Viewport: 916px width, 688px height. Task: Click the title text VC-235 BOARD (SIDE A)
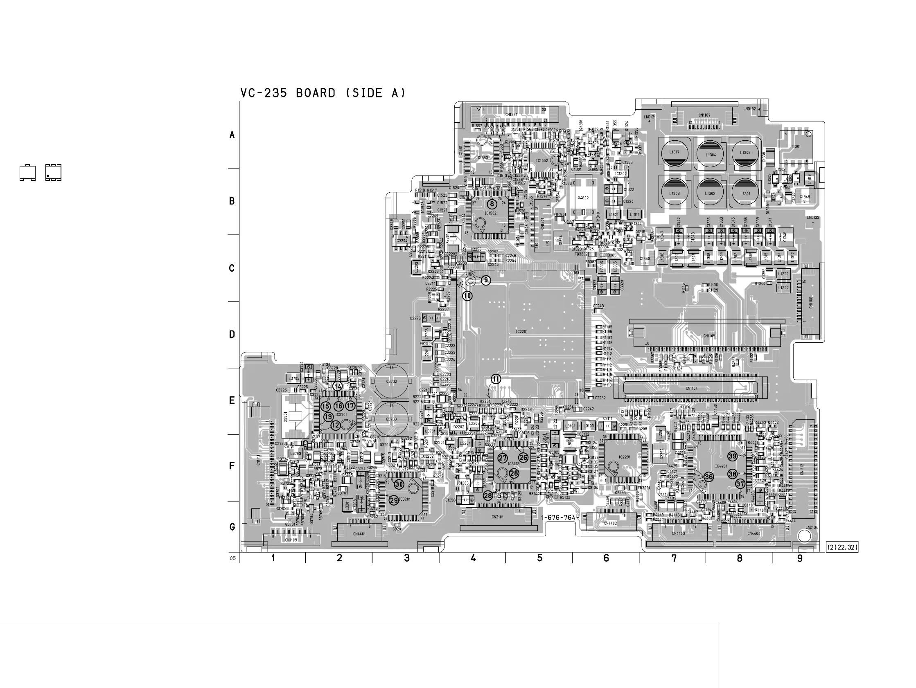coord(323,93)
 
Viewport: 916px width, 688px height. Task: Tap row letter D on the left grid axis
coord(232,335)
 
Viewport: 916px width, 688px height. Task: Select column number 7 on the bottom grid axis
coord(674,558)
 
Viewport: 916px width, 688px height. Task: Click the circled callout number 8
coord(492,204)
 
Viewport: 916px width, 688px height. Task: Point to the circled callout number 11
coord(496,379)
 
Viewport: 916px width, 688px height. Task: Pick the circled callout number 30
coord(399,484)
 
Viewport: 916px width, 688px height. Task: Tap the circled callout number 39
coord(733,456)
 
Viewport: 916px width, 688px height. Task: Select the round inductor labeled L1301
coord(745,193)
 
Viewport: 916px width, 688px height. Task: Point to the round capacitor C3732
coord(391,381)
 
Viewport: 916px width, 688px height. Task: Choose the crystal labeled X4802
coord(583,198)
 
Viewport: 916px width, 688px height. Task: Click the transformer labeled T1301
coord(796,146)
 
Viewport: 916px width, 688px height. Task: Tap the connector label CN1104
coord(691,388)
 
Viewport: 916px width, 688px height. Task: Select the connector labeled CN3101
coord(497,517)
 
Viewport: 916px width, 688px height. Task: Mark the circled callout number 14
coord(338,386)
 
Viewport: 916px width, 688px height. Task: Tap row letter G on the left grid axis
coord(232,527)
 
